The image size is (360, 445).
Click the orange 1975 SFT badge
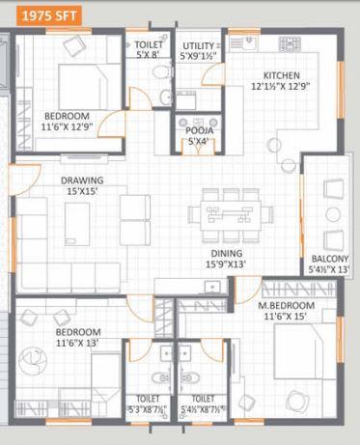tap(41, 14)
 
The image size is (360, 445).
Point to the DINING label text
tap(228, 253)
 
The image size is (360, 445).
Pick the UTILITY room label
tap(200, 45)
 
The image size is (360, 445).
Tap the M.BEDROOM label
tap(287, 307)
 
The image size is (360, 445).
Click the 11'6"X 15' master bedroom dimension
tap(287, 318)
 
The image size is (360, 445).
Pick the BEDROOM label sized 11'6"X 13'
tap(78, 332)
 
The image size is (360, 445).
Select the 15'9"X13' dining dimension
tap(228, 264)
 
